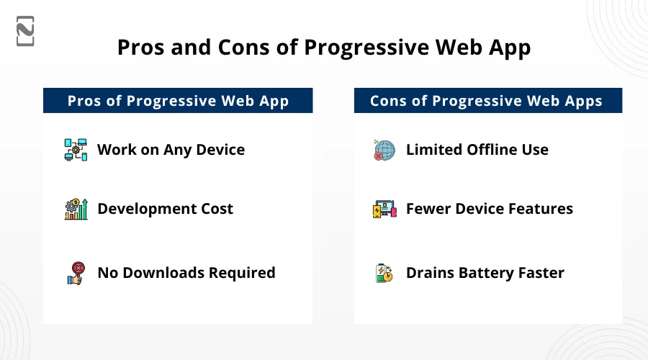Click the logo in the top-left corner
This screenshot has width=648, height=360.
[25, 31]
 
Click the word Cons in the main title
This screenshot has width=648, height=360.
[244, 47]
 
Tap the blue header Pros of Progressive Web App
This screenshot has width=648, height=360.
[178, 100]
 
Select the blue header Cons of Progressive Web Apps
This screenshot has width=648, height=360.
[488, 100]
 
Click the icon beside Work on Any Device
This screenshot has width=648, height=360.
[76, 150]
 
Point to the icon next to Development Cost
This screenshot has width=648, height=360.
[76, 209]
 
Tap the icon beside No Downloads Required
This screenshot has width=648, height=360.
[76, 273]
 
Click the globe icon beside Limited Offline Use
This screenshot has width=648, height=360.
[384, 150]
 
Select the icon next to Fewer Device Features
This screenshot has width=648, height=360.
[384, 209]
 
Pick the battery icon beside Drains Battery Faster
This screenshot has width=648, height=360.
[384, 273]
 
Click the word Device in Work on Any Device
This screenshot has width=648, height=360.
[220, 150]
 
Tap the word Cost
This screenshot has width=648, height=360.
[217, 209]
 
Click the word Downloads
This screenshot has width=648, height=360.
[163, 273]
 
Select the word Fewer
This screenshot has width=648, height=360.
[428, 209]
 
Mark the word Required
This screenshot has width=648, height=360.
[242, 273]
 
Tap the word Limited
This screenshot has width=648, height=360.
[434, 150]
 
